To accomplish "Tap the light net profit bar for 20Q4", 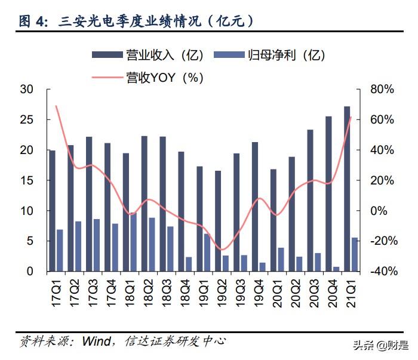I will tap(336, 269).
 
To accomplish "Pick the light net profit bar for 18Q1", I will tap(133, 242).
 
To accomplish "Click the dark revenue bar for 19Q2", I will tap(218, 221).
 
